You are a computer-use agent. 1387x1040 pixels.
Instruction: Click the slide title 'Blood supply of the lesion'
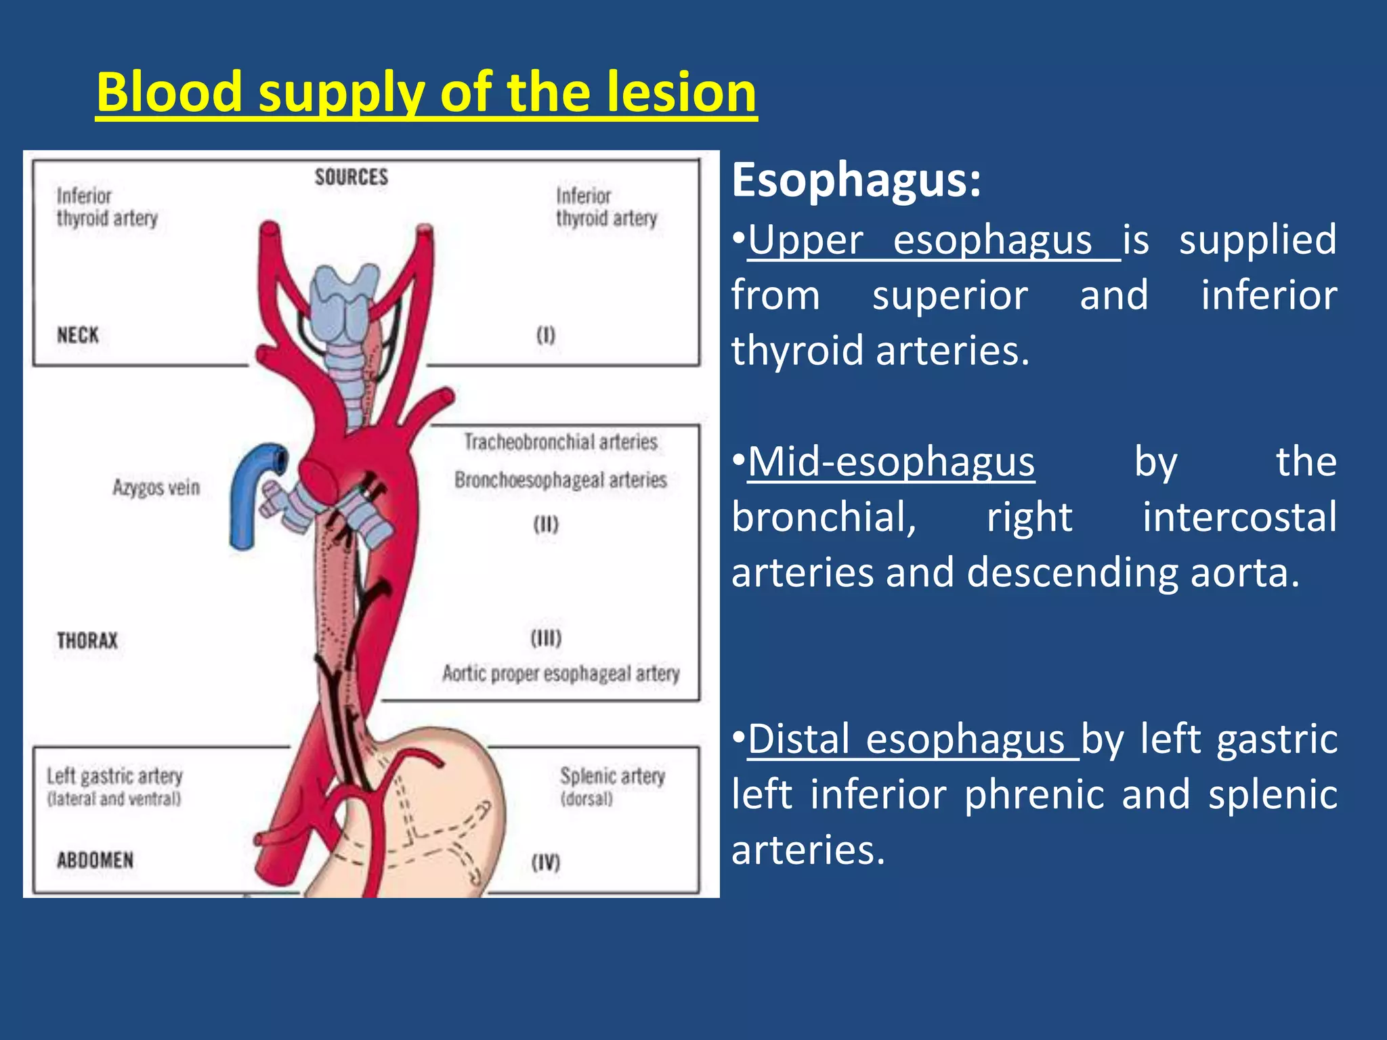coord(426,93)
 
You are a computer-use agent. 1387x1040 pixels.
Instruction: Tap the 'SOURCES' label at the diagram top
coord(351,177)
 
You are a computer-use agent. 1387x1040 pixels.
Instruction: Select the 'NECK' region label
coord(78,335)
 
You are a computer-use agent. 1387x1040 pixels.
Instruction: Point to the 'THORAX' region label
coord(87,641)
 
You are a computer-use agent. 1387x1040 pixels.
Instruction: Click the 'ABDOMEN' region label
coord(95,861)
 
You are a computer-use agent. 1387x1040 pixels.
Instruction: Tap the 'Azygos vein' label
coord(156,487)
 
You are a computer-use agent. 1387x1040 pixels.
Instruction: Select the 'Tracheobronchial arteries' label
coord(561,442)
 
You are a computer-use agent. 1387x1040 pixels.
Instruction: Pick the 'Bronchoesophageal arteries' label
coord(561,480)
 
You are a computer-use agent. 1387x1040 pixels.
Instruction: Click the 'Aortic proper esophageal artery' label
coord(561,674)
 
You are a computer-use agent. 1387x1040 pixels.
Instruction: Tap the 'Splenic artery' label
coord(612,776)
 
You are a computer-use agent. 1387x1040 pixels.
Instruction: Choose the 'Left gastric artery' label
coord(114,776)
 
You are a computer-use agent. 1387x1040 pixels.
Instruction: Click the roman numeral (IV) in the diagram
coord(546,863)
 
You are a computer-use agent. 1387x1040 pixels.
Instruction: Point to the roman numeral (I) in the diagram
coord(546,335)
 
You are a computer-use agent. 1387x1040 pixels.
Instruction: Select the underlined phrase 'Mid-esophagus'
coord(891,462)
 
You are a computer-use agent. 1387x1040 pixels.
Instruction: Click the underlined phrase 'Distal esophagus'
coord(908,739)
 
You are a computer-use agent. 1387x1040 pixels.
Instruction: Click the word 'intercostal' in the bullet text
coord(1239,517)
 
